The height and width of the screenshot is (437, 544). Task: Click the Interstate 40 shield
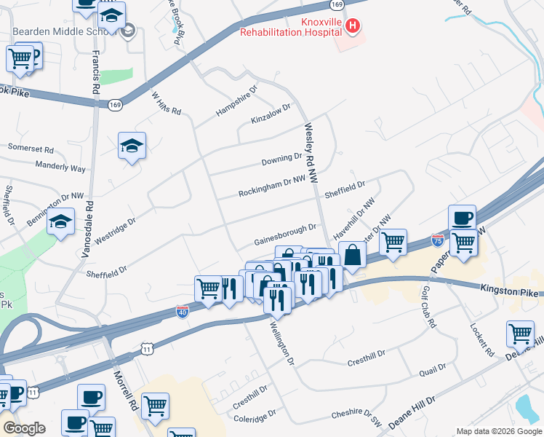(x=183, y=312)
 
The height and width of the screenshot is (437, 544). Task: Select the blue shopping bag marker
(x=352, y=256)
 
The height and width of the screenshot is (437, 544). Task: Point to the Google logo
(x=24, y=428)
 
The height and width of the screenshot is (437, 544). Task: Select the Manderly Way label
(x=60, y=168)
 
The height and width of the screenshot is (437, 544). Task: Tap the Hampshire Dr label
(x=236, y=103)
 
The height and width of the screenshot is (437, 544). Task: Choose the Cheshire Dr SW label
(x=356, y=415)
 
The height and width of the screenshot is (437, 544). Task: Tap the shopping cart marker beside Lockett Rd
(x=520, y=334)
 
